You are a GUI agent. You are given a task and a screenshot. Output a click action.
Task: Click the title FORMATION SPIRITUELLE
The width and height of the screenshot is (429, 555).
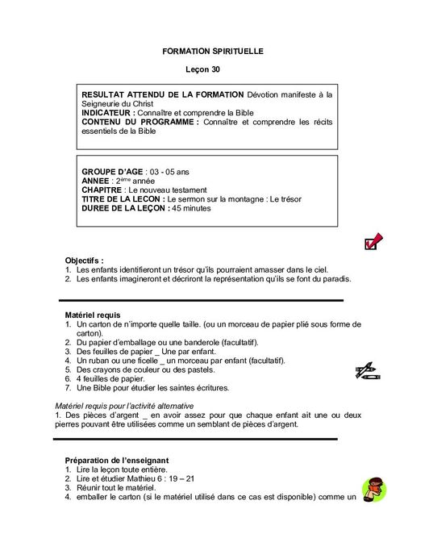(x=213, y=51)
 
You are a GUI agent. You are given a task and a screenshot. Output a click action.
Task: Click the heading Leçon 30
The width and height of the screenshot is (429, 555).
(x=213, y=71)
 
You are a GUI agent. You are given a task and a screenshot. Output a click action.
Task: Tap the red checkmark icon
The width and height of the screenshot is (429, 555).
(x=373, y=241)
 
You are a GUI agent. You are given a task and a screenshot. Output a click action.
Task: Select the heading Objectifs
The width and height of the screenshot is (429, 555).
(x=84, y=261)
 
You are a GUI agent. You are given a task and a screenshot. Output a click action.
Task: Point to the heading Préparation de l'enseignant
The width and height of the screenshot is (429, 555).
(x=116, y=460)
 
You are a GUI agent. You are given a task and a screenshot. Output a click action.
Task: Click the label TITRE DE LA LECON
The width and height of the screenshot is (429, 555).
(x=122, y=199)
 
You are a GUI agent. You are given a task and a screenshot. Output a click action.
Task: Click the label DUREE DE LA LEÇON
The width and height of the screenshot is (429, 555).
(x=125, y=208)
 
